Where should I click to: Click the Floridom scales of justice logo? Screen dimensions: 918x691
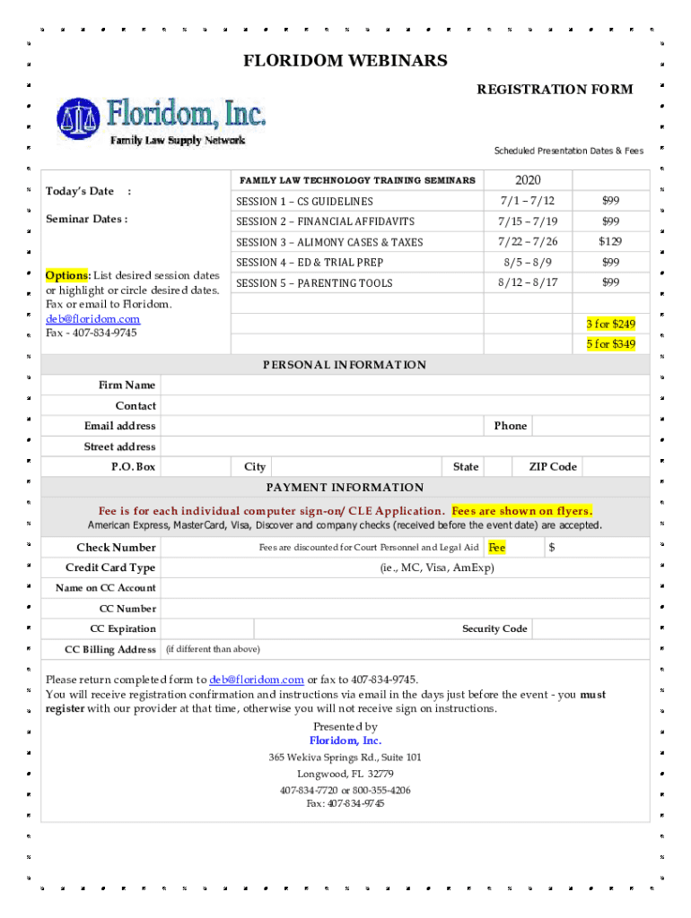[x=78, y=117]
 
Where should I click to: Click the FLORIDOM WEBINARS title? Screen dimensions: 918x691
[x=345, y=61]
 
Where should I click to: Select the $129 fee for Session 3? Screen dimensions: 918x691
[x=610, y=242]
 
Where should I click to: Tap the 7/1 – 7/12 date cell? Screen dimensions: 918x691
[x=528, y=201]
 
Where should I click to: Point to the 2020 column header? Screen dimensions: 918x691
[x=528, y=180]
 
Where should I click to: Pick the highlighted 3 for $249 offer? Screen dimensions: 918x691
[x=610, y=324]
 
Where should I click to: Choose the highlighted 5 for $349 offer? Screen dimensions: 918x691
[x=610, y=344]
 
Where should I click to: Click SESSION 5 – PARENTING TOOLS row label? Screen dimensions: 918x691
[x=314, y=283]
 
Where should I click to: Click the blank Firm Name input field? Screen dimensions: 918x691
[x=404, y=385]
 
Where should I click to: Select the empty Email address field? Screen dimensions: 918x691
[x=323, y=426]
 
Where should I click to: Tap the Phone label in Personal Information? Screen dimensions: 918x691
[x=510, y=426]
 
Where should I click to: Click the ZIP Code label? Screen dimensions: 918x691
[x=552, y=467]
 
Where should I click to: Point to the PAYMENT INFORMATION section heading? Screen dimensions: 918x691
[x=345, y=488]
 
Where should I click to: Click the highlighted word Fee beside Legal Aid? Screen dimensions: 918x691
[x=496, y=548]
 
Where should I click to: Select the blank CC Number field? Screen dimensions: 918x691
[x=404, y=609]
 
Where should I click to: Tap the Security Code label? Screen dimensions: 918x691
[x=494, y=629]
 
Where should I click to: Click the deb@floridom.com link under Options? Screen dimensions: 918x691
[x=93, y=319]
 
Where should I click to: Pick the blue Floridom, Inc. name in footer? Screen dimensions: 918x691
[x=345, y=740]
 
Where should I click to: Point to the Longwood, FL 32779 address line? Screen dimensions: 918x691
[x=345, y=774]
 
